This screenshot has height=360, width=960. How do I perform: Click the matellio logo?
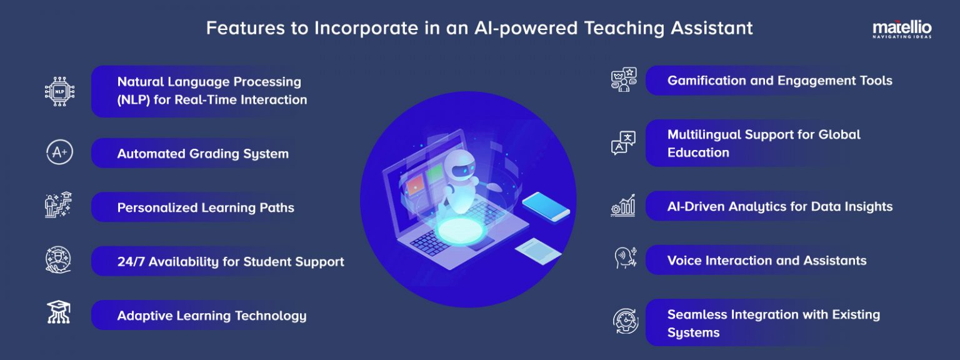click(901, 29)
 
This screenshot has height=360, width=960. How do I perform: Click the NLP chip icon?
click(59, 91)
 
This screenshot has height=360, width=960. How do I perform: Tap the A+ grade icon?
click(59, 153)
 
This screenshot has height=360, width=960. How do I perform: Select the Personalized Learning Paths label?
click(206, 207)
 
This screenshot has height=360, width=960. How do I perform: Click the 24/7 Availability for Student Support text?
click(231, 261)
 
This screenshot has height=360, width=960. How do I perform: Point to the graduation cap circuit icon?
click(59, 312)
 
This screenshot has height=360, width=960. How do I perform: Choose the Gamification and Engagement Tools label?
click(779, 81)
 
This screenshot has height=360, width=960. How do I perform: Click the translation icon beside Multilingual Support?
click(623, 143)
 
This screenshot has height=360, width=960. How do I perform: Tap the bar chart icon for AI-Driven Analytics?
click(623, 206)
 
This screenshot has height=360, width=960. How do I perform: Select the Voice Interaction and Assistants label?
click(767, 261)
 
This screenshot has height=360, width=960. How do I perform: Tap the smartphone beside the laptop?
click(546, 206)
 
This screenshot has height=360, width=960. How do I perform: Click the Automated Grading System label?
click(203, 154)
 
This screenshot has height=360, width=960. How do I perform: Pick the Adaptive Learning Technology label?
click(212, 316)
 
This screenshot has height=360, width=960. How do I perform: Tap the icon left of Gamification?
click(623, 80)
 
